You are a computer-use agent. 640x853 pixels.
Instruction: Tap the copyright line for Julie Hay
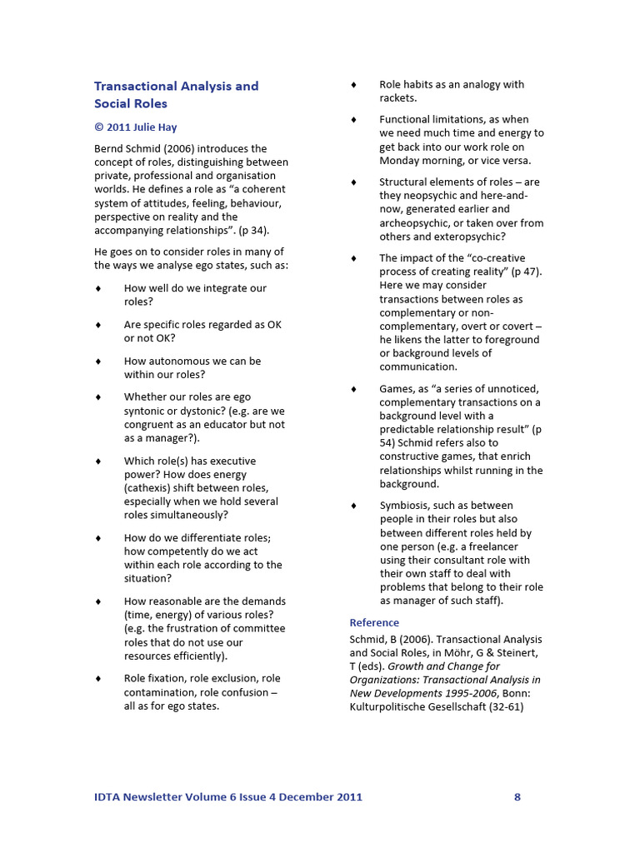click(x=135, y=127)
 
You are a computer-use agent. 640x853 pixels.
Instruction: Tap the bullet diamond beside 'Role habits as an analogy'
click(x=353, y=85)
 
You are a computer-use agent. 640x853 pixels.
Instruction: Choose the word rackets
click(x=397, y=98)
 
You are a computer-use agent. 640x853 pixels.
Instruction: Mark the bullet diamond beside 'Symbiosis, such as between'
click(x=353, y=506)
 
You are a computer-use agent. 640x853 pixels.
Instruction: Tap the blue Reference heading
click(x=374, y=622)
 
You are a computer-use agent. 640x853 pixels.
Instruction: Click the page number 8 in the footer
click(x=517, y=797)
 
